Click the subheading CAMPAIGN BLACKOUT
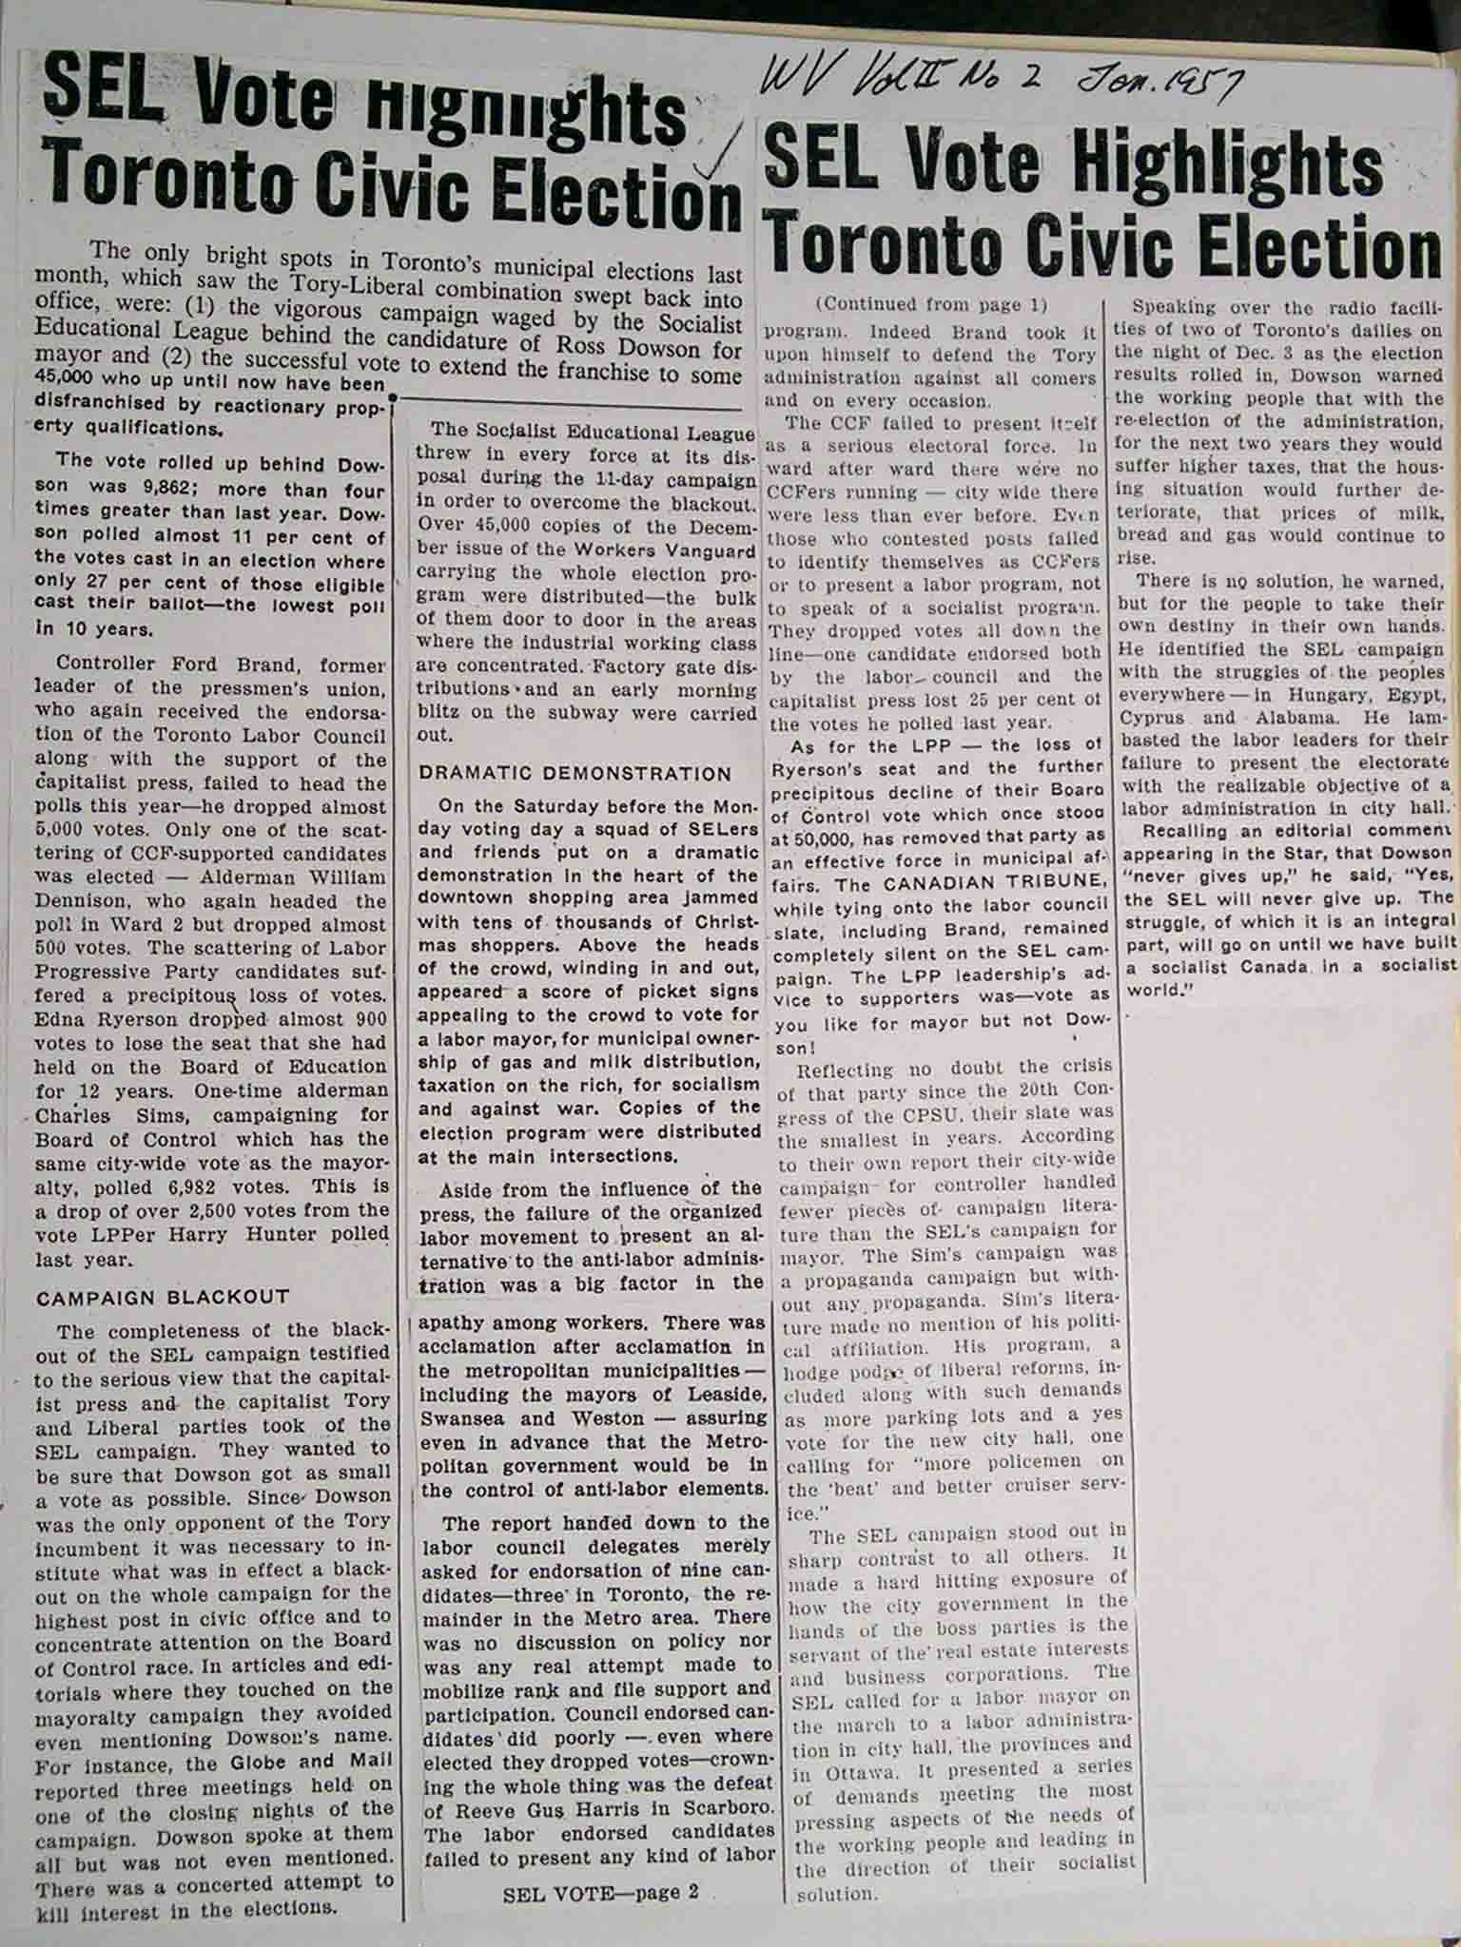pyautogui.click(x=162, y=1298)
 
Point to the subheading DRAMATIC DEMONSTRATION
pyautogui.click(x=575, y=774)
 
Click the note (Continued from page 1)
pyautogui.click(x=931, y=305)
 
